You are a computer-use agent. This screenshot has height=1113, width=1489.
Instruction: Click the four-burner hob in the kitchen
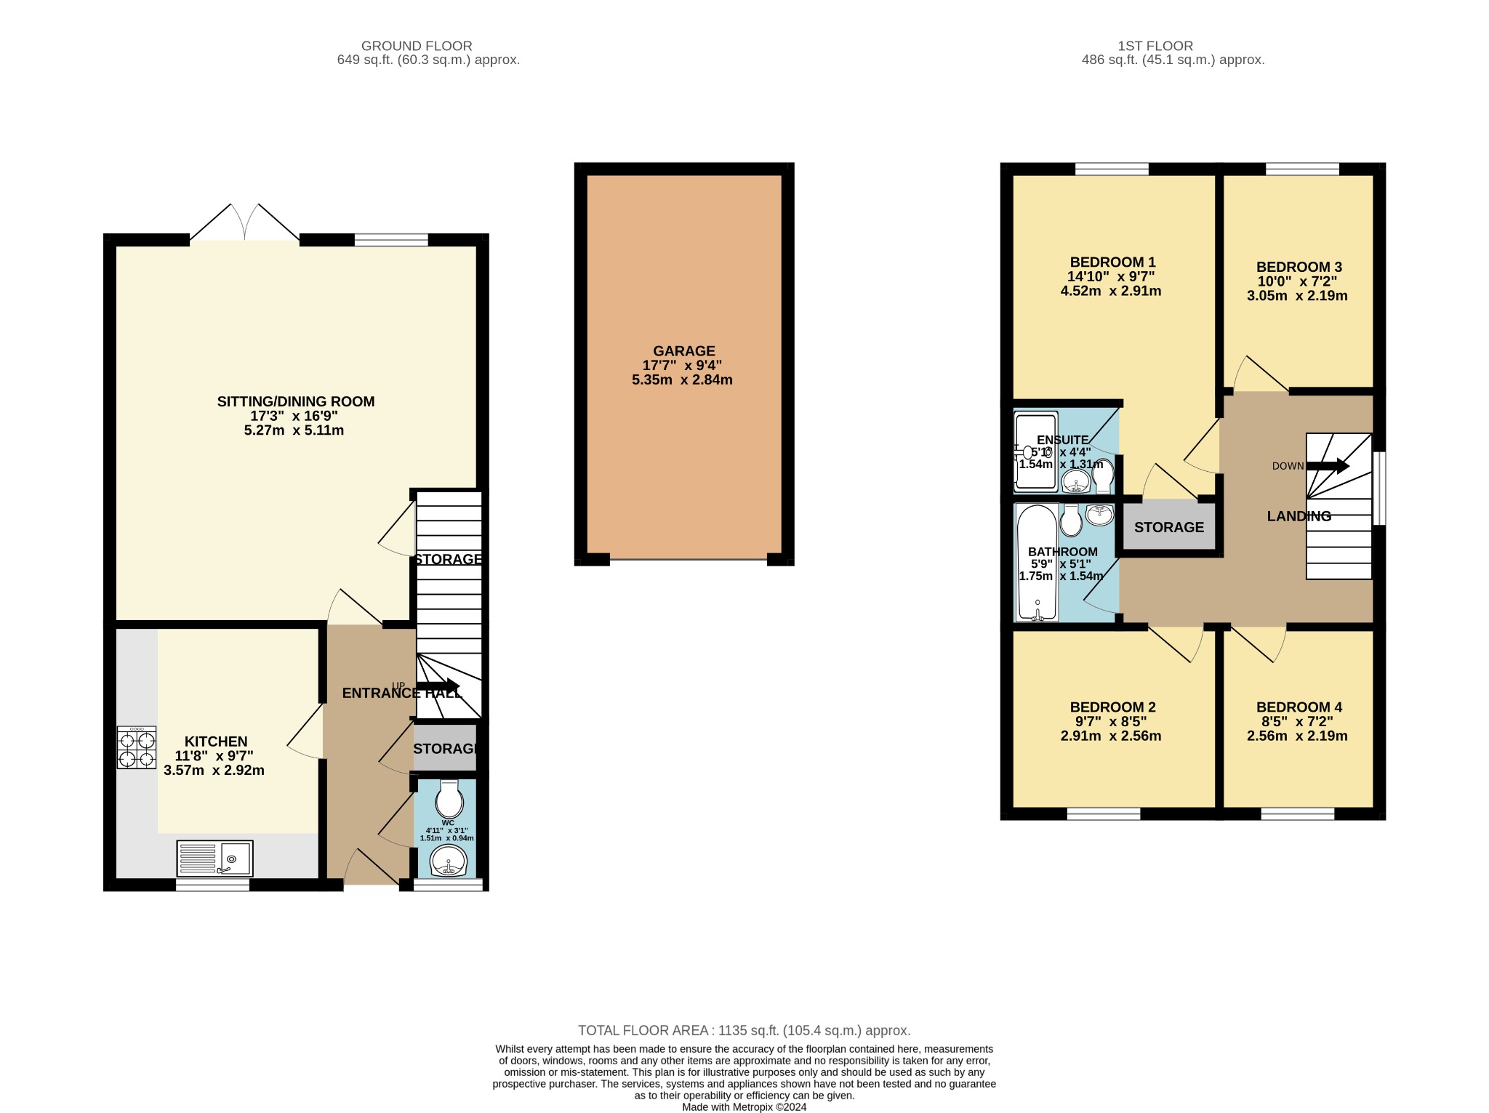click(x=137, y=747)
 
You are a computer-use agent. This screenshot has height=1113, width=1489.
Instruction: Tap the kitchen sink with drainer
click(x=214, y=859)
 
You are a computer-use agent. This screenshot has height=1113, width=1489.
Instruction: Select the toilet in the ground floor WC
click(x=449, y=800)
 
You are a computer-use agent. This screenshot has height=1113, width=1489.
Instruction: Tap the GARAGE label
click(x=683, y=351)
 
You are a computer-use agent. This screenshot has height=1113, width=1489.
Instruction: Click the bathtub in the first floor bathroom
click(x=1038, y=563)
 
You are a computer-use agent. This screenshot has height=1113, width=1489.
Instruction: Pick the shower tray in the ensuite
click(x=1036, y=451)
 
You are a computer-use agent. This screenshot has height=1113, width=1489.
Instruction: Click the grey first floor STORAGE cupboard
click(x=1169, y=527)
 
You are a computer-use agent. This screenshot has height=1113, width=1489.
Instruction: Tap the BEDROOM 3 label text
click(x=1299, y=267)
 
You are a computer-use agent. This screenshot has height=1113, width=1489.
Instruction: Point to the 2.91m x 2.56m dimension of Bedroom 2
click(x=1110, y=736)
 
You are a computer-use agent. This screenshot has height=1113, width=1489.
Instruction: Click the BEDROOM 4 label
click(x=1299, y=707)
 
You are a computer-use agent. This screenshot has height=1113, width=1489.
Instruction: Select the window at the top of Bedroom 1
click(x=1112, y=169)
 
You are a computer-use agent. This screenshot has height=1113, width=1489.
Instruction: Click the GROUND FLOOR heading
click(x=417, y=46)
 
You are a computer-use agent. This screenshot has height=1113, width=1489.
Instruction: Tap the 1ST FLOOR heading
click(x=1155, y=46)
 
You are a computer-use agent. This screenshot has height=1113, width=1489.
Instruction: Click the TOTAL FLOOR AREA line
click(x=744, y=1030)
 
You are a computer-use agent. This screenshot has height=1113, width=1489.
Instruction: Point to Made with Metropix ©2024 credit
click(x=744, y=1107)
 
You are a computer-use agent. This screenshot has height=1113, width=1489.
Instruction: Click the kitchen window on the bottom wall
click(x=213, y=885)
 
